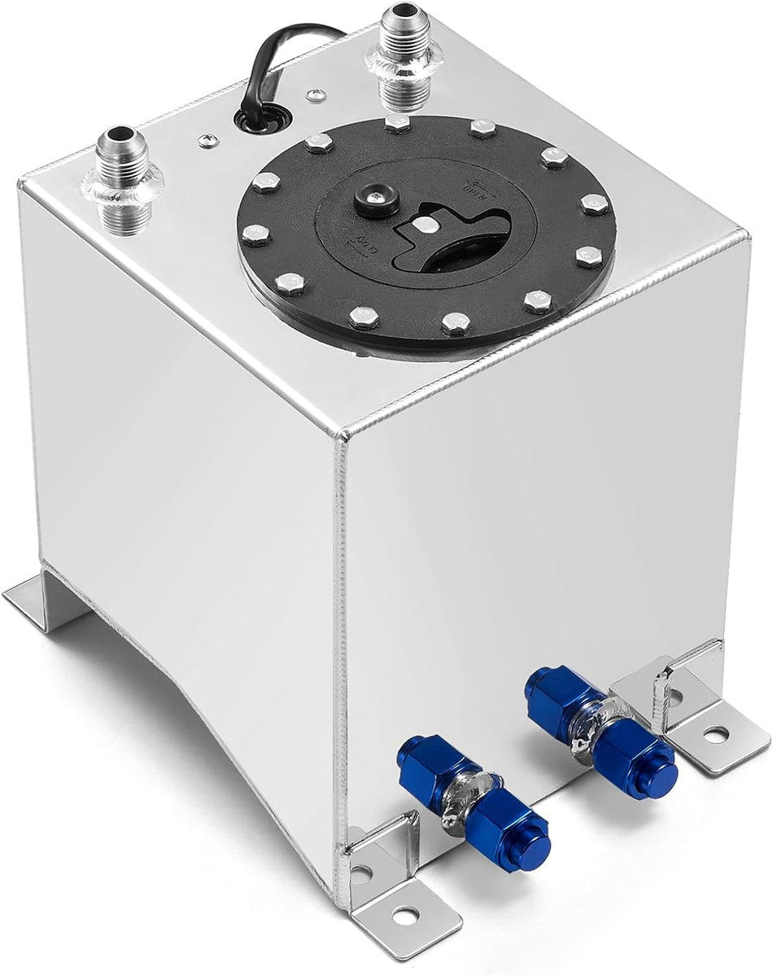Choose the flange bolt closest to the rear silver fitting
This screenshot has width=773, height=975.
[x=397, y=124]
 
